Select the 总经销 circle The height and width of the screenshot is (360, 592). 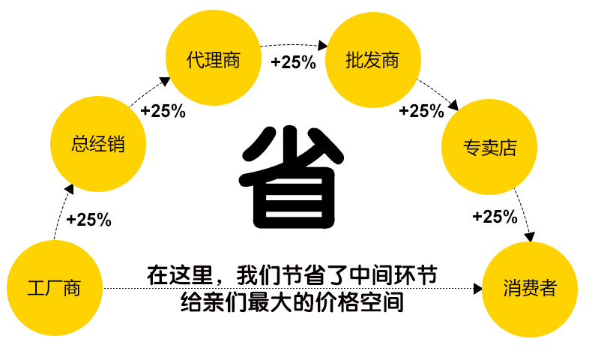(98, 144)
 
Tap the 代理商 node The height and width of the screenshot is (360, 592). (214, 60)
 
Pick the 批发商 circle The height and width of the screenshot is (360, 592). (372, 60)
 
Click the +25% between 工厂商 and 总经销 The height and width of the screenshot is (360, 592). (88, 220)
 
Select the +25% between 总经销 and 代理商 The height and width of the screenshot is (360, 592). (163, 111)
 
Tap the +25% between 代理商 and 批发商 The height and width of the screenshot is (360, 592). (293, 62)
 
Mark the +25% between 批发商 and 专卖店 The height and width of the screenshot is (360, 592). (421, 111)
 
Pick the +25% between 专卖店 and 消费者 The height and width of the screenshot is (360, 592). (495, 217)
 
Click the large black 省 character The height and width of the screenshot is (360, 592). (288, 177)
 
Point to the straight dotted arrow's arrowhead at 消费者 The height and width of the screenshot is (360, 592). (477, 288)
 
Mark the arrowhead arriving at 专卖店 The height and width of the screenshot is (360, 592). (453, 106)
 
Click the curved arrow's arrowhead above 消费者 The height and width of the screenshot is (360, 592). (531, 237)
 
